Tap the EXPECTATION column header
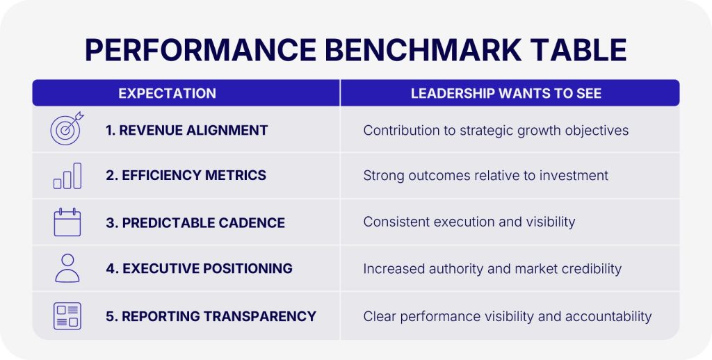pyautogui.click(x=167, y=94)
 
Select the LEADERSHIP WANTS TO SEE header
pyautogui.click(x=506, y=94)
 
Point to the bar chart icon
pyautogui.click(x=67, y=176)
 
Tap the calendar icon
pyautogui.click(x=67, y=222)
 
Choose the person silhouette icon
pyautogui.click(x=67, y=268)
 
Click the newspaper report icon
pyautogui.click(x=67, y=316)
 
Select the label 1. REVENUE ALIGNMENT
pyautogui.click(x=186, y=130)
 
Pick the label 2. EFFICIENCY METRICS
pyautogui.click(x=186, y=175)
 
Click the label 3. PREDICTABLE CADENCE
pyautogui.click(x=195, y=223)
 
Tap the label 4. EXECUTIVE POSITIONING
pyautogui.click(x=200, y=268)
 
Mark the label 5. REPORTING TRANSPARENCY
pyautogui.click(x=211, y=316)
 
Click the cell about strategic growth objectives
pyautogui.click(x=496, y=131)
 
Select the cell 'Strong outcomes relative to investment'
pyautogui.click(x=485, y=176)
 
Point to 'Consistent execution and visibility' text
pyautogui.click(x=469, y=222)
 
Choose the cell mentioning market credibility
pyautogui.click(x=492, y=269)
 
